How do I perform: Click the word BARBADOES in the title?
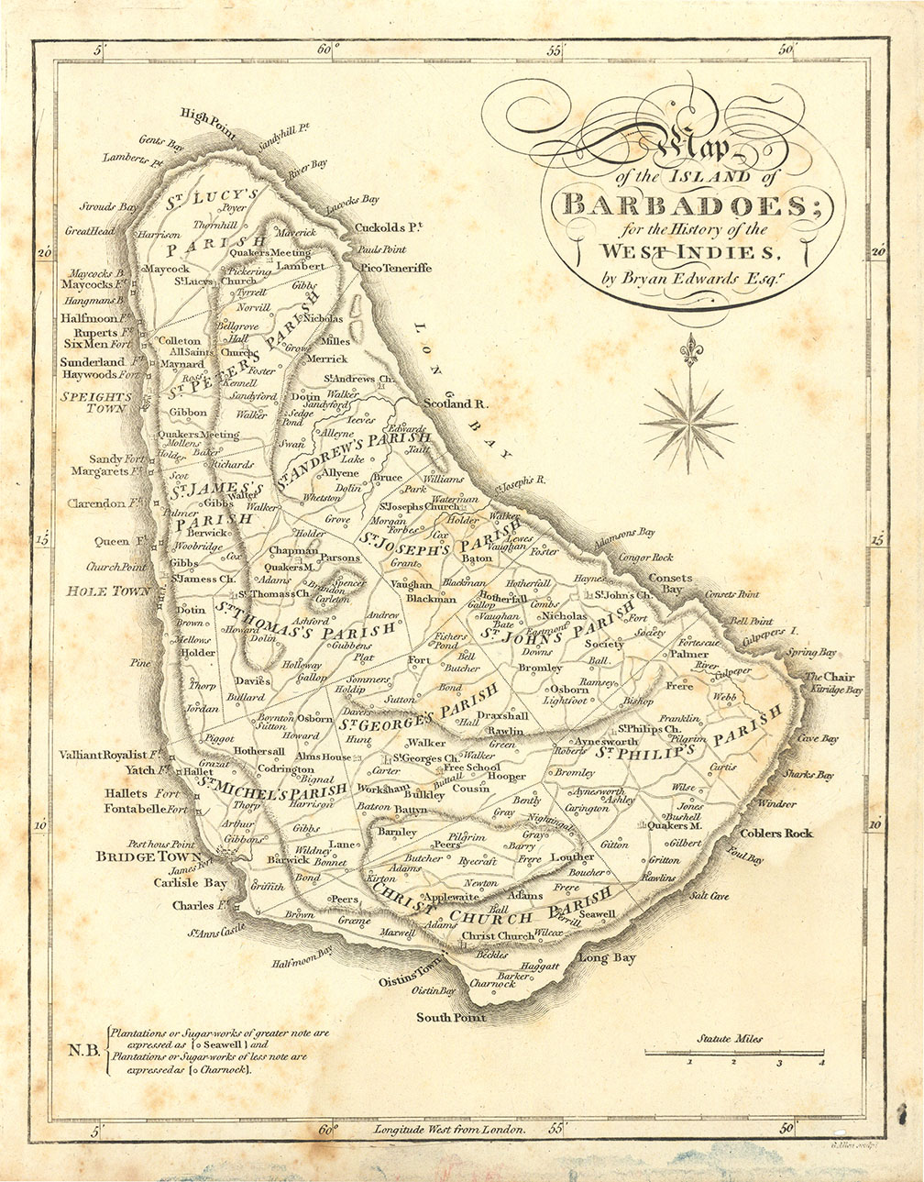pos(683,203)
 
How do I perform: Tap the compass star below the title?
pos(687,422)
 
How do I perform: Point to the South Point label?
pos(451,1017)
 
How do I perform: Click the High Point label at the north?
pos(208,115)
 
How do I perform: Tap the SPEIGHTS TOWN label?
pos(96,403)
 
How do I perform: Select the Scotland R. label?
pos(458,403)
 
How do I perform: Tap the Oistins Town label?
pos(410,980)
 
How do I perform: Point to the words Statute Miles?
pos(730,1039)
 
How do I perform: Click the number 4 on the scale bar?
pos(821,1063)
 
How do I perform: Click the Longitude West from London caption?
pos(449,1130)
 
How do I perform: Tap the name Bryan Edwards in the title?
pos(685,279)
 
